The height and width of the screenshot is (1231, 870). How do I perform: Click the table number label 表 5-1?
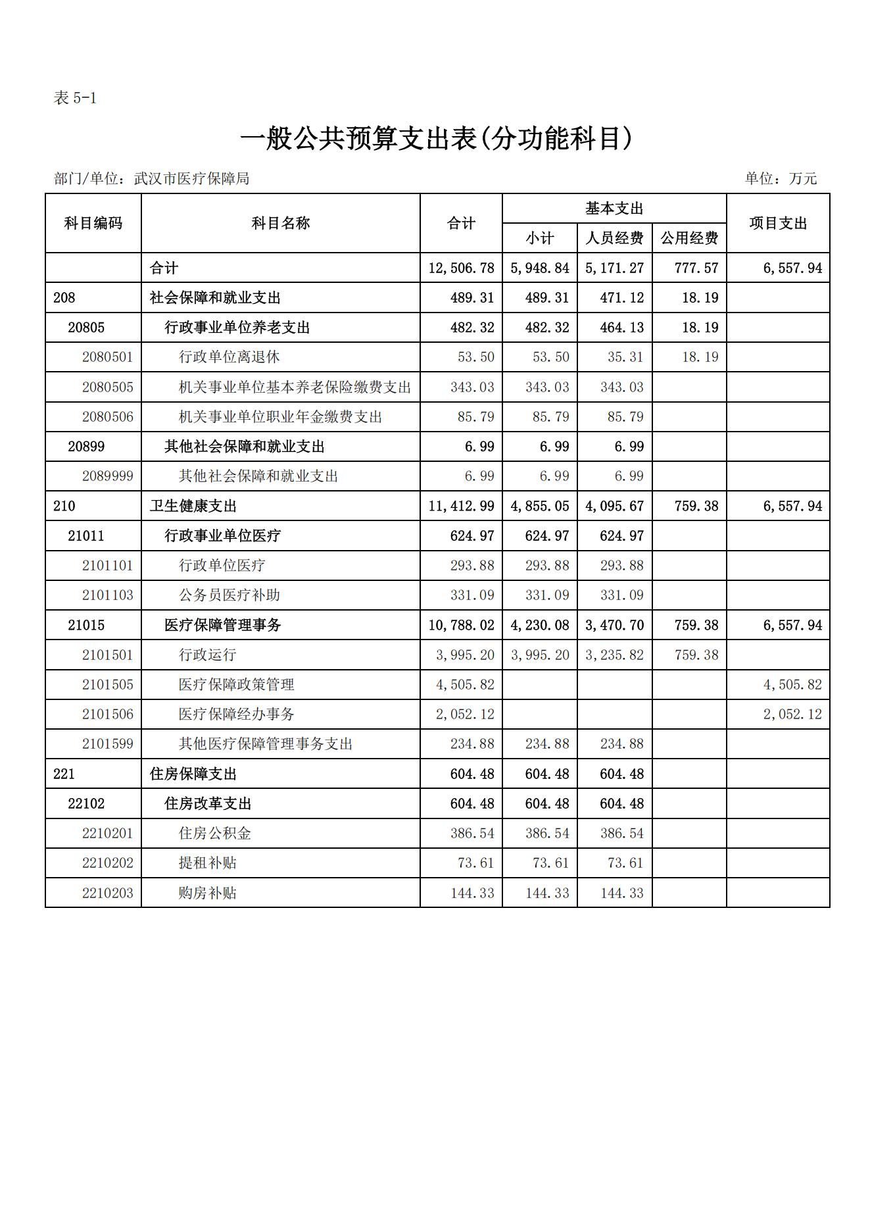[x=75, y=99]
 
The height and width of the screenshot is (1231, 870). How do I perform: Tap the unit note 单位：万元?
[x=781, y=178]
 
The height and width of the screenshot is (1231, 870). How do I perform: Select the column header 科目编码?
[x=93, y=223]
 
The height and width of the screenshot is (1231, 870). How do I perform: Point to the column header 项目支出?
[x=778, y=223]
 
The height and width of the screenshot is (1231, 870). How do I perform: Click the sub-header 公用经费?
[x=689, y=238]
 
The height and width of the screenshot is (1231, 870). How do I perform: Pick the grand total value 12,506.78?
[x=461, y=268]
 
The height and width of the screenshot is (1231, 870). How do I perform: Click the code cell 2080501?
[x=108, y=357]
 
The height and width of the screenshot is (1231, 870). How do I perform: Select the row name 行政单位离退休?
[x=229, y=357]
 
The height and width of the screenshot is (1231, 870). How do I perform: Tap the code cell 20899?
[x=86, y=447]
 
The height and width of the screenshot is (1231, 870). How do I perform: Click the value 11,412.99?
[x=461, y=506]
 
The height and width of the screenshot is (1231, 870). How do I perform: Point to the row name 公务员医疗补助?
[x=229, y=595]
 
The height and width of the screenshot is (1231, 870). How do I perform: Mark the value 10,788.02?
[x=461, y=625]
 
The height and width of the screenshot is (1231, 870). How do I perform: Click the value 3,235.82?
[x=614, y=655]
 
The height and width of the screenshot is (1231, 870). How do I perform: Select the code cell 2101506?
[x=108, y=715]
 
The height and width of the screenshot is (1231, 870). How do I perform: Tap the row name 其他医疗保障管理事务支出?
[x=266, y=744]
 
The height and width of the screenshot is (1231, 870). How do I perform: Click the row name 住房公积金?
[x=214, y=834]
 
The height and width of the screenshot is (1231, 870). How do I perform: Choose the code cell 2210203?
[x=108, y=893]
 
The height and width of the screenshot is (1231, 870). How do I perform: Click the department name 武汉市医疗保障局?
[x=191, y=178]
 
